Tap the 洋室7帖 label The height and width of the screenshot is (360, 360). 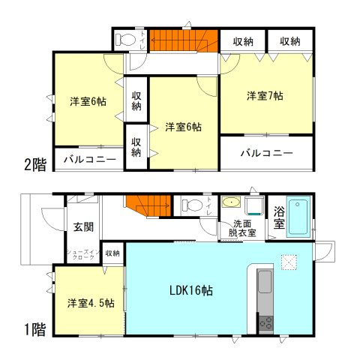coord(265,96)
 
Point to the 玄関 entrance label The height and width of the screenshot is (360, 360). coord(83,226)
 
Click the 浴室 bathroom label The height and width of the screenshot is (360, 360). coord(278,217)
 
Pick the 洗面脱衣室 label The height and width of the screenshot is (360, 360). coord(243,228)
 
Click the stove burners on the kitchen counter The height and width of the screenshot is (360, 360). coord(266,322)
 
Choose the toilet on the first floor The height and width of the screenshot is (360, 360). coord(192,205)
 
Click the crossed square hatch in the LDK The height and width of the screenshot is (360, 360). coord(289,262)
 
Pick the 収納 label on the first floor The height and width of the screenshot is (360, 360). coord(112,253)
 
